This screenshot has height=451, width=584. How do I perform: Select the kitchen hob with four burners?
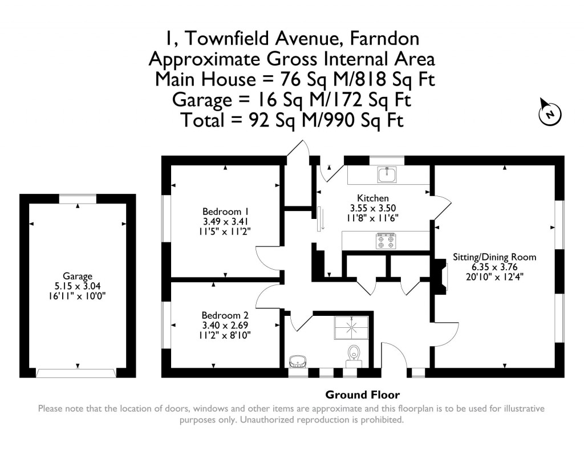click(386, 241)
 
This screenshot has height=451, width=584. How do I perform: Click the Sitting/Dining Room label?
click(494, 257)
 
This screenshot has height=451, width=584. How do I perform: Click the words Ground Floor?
click(362, 395)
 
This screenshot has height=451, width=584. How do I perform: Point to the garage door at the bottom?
click(78, 373)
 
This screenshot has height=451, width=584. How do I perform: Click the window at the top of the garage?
click(78, 198)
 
